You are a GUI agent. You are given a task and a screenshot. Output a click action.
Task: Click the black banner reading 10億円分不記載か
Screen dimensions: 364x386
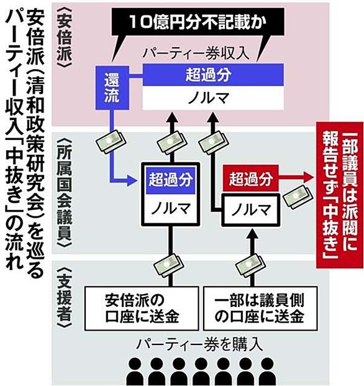click(x=198, y=22)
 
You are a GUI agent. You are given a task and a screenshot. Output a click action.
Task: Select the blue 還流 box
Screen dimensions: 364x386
click(x=112, y=88)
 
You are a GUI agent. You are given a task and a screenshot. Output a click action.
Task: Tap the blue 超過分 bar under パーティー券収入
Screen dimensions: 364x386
click(x=213, y=75)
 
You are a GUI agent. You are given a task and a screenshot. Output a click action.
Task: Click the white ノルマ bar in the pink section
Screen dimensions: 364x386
click(x=213, y=98)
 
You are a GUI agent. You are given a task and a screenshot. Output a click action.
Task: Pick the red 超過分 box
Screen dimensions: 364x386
click(x=250, y=178)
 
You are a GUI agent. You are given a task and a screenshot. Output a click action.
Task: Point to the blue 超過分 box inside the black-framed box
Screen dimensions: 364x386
click(x=171, y=180)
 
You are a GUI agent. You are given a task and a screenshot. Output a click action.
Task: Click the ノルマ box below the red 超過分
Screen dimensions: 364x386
click(x=250, y=210)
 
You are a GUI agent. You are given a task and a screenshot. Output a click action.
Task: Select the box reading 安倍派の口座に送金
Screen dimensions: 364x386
click(x=142, y=308)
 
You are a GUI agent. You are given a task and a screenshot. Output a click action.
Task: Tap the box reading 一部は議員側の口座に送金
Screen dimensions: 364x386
click(x=260, y=308)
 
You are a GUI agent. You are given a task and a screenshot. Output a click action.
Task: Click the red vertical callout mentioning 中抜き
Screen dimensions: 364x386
click(x=340, y=195)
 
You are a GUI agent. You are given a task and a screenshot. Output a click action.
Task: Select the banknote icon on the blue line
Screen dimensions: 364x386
click(x=111, y=142)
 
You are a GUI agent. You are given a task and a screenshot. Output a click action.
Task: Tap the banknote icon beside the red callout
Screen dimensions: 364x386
click(x=298, y=196)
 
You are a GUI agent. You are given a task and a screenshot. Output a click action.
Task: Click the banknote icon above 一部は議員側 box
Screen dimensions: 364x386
click(x=250, y=265)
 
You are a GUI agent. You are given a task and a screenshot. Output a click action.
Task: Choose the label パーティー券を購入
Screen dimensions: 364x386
click(x=200, y=344)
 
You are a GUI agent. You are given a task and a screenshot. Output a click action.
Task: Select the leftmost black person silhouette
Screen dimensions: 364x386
click(x=135, y=371)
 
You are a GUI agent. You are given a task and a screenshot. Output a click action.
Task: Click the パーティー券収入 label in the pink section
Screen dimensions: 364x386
click(x=196, y=53)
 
